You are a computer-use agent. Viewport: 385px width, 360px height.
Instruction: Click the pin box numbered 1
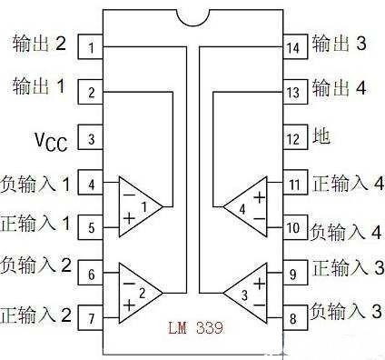(92, 45)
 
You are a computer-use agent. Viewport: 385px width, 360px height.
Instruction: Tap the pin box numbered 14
(292, 45)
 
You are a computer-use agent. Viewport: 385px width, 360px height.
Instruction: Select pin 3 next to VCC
(92, 139)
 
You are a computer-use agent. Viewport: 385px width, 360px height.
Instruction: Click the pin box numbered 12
(292, 139)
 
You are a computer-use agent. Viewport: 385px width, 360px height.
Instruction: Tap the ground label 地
(321, 138)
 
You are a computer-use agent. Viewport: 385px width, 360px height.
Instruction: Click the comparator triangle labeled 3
(247, 293)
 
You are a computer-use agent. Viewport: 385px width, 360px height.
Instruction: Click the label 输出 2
(40, 43)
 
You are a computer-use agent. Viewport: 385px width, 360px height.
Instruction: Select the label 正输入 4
(346, 185)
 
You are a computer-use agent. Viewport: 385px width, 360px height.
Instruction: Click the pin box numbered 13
(292, 92)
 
